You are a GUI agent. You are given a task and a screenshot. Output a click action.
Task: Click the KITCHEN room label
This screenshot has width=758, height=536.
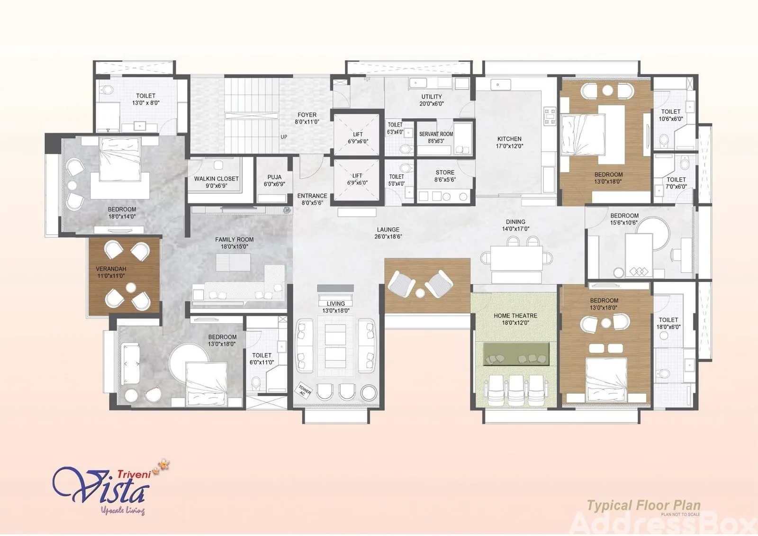(509, 139)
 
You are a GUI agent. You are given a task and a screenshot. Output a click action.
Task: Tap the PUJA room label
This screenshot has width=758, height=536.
(274, 177)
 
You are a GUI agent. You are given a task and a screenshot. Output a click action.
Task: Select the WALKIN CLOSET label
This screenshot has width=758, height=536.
(216, 179)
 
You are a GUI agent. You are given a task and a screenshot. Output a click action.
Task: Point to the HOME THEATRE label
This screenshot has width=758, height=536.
(515, 316)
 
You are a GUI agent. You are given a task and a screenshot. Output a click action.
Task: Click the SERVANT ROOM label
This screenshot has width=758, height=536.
(436, 134)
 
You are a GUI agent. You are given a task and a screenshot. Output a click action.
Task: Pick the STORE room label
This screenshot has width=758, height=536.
(445, 173)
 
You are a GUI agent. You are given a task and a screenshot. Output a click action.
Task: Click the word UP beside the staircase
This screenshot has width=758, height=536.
(284, 137)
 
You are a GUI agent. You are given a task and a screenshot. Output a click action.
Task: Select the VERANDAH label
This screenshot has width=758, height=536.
(111, 269)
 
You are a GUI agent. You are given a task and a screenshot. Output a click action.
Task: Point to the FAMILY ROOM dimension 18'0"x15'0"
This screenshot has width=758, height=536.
(234, 246)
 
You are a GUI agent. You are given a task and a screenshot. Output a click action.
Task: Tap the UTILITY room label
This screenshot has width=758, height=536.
(432, 97)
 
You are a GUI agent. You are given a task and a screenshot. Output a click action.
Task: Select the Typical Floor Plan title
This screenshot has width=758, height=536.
(644, 505)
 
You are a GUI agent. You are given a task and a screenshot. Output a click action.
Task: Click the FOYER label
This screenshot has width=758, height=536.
(307, 115)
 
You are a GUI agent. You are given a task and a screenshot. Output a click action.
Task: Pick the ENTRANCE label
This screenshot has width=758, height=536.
(312, 196)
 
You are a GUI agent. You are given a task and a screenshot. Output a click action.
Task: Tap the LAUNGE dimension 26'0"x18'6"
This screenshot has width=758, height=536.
(388, 236)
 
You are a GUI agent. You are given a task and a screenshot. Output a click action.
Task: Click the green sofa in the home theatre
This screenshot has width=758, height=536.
(516, 354)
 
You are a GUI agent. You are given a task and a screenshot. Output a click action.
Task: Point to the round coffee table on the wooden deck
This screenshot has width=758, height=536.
(420, 292)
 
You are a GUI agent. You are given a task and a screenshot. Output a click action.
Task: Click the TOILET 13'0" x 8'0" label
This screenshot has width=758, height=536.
(145, 100)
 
